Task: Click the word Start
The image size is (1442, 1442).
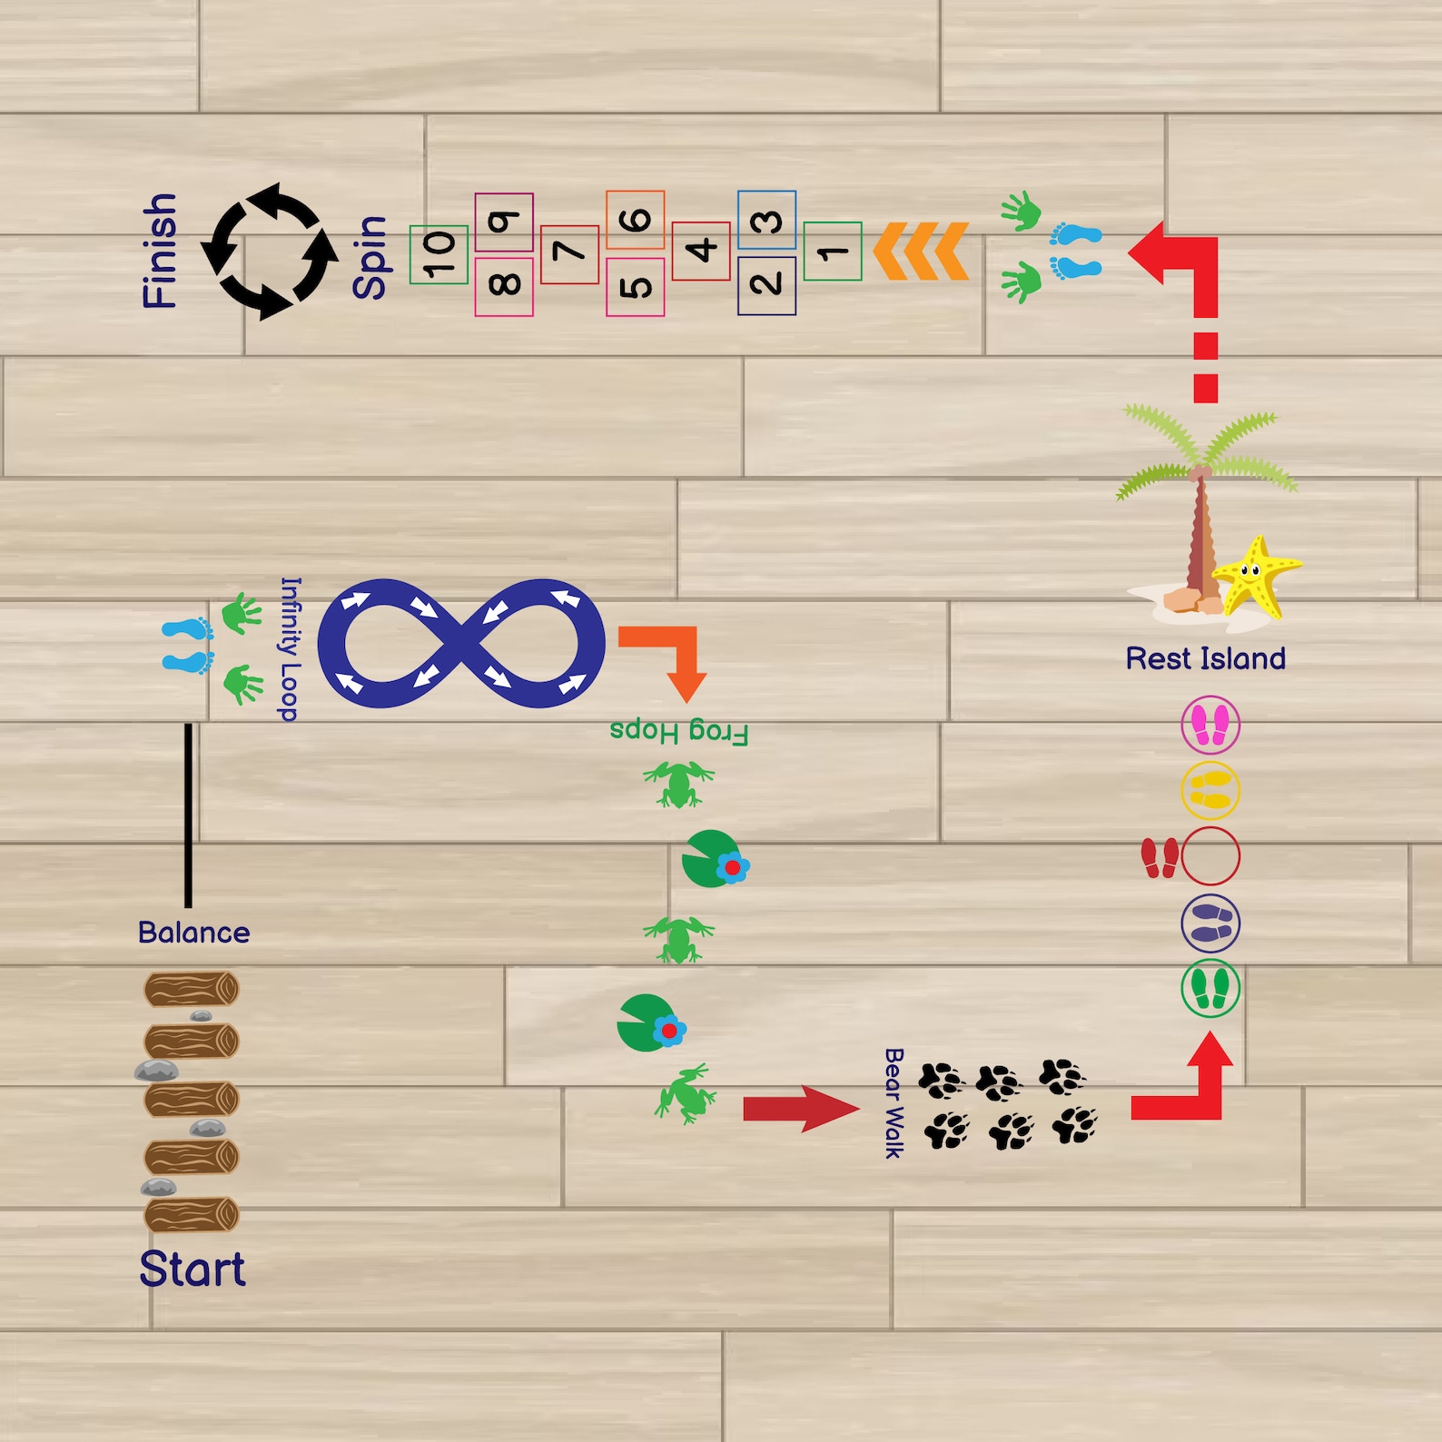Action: coord(193,1269)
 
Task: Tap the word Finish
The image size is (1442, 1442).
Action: coord(160,251)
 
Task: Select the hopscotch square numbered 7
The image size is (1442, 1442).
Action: coord(569,254)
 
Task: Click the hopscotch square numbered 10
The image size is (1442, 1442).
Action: coord(439,254)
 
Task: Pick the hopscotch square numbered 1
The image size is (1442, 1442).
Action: coord(833,252)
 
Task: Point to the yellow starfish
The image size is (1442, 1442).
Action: coord(1257,576)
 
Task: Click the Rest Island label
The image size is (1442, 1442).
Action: coord(1205,658)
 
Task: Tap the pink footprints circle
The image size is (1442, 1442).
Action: coord(1210,725)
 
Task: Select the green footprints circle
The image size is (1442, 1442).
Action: coord(1210,988)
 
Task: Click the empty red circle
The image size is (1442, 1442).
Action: coord(1210,856)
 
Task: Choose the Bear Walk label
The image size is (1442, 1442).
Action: coord(894,1103)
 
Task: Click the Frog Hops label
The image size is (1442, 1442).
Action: coord(679,732)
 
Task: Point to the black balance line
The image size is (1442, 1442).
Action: coord(188,815)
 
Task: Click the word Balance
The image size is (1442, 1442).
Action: coord(193,933)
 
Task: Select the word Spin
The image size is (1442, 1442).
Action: coord(370,258)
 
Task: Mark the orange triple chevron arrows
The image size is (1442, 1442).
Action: coord(920,251)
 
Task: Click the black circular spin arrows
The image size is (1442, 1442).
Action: coord(270,252)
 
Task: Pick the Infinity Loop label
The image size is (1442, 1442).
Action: coord(289,649)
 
